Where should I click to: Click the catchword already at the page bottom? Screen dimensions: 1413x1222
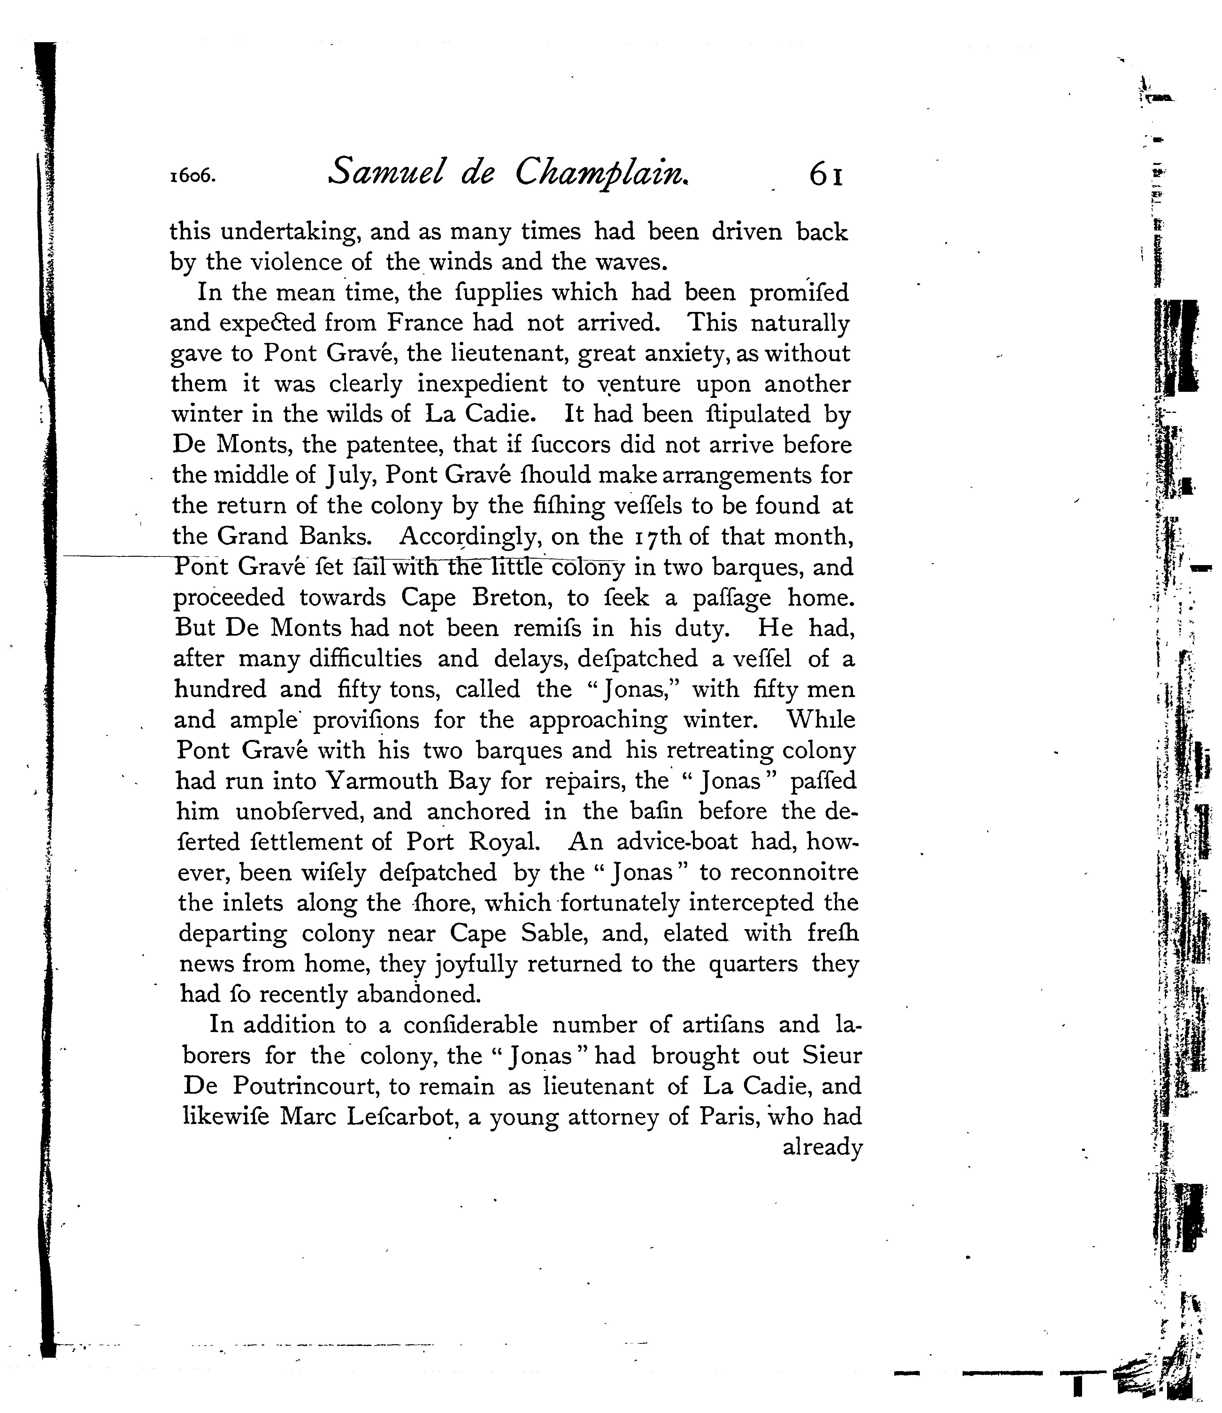[x=823, y=1147]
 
